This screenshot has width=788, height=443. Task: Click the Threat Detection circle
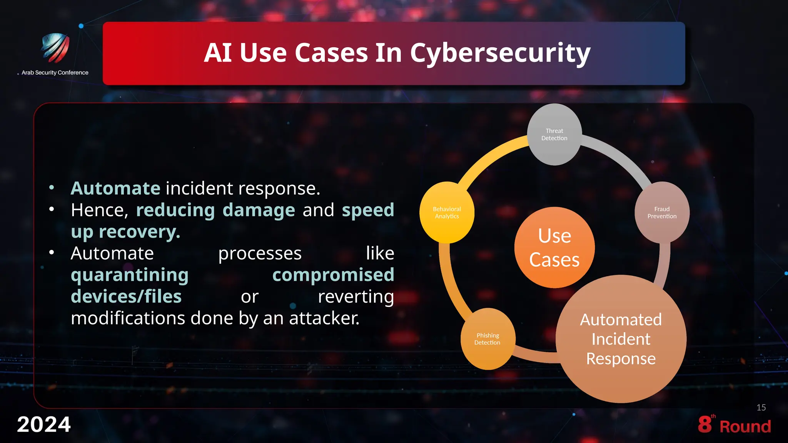[x=554, y=135]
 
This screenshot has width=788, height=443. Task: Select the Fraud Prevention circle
[x=662, y=213]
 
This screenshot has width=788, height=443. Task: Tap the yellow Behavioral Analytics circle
[x=447, y=213]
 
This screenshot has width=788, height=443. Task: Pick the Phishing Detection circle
[x=487, y=339]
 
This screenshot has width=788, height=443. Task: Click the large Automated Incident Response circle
[x=621, y=339]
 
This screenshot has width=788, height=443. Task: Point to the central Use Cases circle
[x=554, y=247]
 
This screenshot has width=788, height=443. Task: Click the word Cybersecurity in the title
[x=500, y=53]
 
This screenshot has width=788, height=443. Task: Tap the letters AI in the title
[x=218, y=53]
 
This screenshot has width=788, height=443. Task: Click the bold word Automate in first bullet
[x=115, y=188]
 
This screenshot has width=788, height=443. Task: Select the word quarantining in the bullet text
[x=130, y=275]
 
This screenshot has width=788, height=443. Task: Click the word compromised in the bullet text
[x=333, y=275]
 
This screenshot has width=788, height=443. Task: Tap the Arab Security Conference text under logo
[x=55, y=73]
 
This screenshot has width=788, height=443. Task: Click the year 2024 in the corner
[x=43, y=425]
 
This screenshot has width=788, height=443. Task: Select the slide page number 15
[x=761, y=408]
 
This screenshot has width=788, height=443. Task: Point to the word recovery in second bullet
[x=139, y=232]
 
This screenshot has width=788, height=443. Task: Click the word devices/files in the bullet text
[x=126, y=297]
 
